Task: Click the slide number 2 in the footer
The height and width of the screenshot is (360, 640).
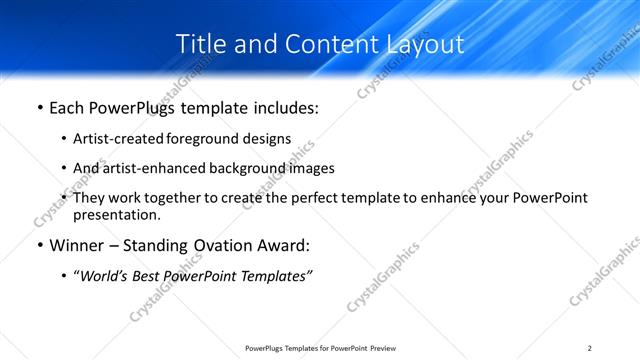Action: tap(590, 348)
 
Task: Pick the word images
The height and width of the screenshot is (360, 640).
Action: tap(311, 169)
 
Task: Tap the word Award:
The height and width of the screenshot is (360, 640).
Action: tap(282, 245)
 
